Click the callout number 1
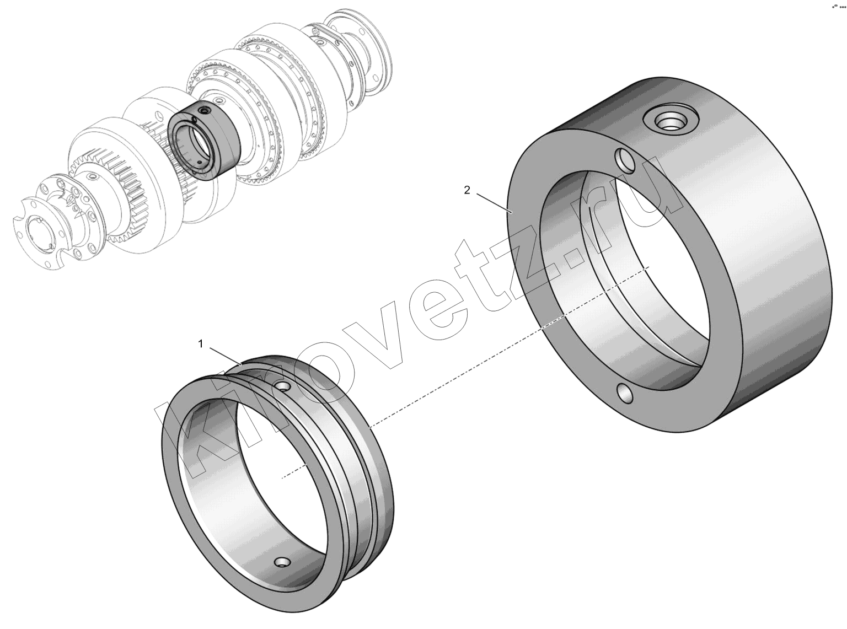(201, 344)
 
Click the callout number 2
(467, 190)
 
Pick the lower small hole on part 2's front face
(625, 395)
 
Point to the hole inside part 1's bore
(283, 562)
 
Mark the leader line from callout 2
(494, 202)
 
